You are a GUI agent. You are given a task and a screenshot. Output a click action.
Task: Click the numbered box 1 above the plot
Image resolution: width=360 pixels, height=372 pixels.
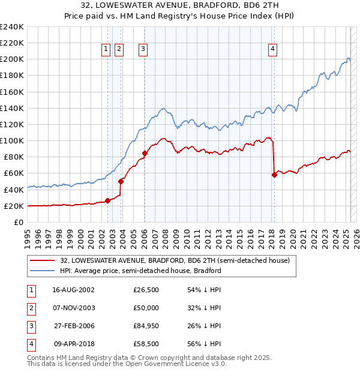(x=106, y=50)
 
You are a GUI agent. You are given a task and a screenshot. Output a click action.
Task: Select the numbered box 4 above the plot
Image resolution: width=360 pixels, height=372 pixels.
(x=273, y=50)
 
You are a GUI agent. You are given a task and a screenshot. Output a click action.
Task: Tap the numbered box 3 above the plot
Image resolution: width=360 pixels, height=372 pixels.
(x=144, y=50)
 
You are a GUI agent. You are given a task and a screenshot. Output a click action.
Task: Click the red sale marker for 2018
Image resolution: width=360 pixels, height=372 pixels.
(x=274, y=175)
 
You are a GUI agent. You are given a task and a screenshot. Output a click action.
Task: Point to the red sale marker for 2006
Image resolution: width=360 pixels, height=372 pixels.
(x=145, y=153)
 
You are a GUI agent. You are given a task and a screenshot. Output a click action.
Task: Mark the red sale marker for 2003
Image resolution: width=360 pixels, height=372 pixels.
(x=121, y=181)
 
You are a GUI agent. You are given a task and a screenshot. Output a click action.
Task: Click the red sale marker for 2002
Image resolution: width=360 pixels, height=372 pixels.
(x=108, y=200)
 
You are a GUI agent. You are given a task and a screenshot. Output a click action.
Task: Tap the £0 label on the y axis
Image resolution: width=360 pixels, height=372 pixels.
(x=19, y=222)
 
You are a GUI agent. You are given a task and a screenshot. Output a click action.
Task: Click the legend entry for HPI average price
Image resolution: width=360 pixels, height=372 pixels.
(x=140, y=271)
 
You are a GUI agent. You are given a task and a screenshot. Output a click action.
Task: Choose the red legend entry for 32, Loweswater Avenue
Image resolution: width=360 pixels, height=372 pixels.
(x=175, y=260)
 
